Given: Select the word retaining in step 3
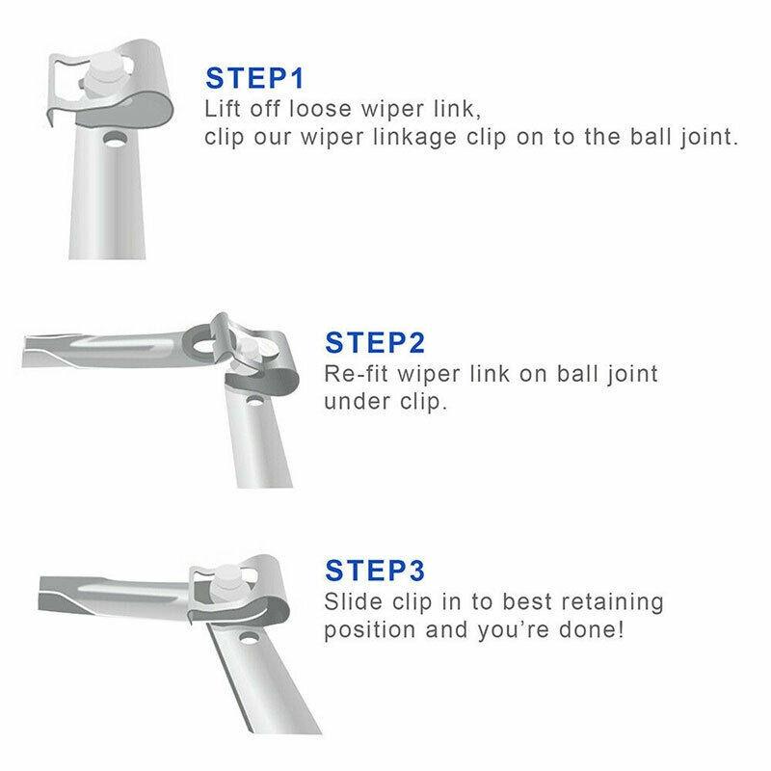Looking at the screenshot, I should [605, 602].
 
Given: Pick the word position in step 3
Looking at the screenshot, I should [370, 631].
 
